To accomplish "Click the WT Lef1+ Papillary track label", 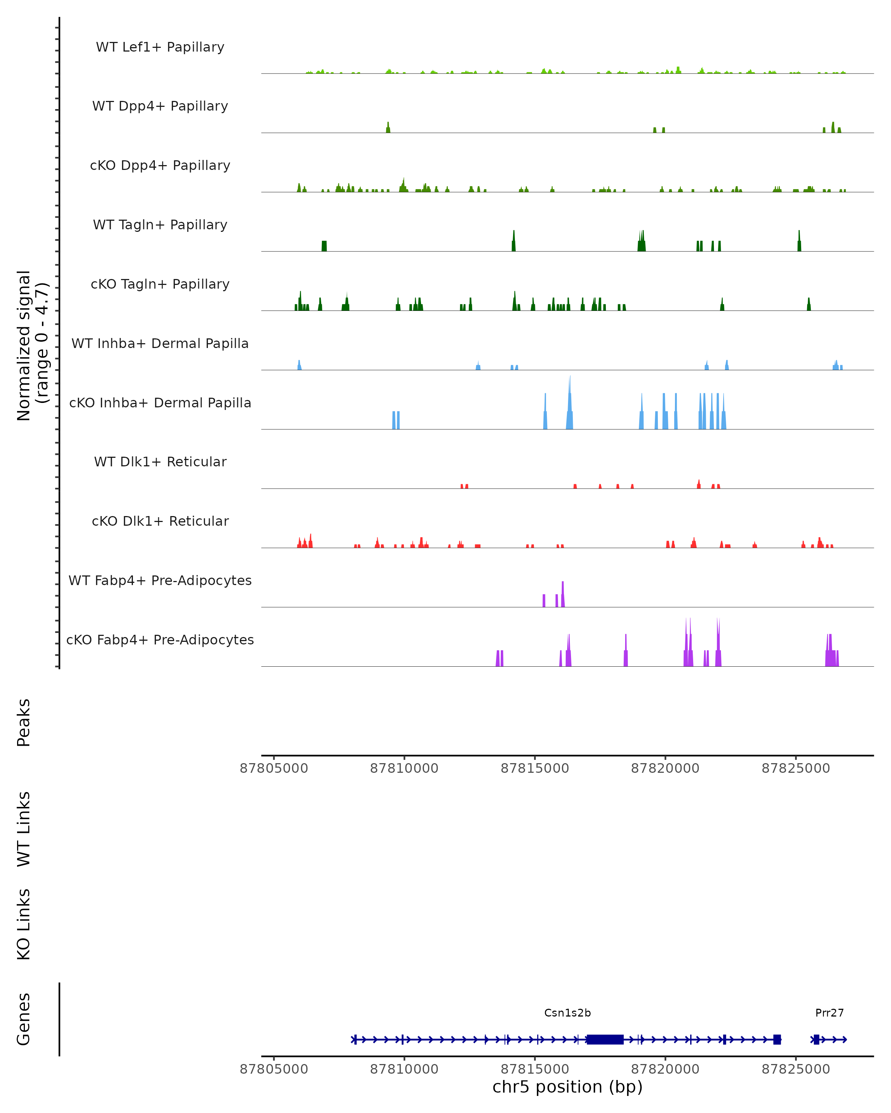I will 160,47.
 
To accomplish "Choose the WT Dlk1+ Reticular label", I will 160,462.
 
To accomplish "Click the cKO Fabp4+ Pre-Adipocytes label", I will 160,640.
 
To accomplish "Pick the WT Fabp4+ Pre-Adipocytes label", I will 160,580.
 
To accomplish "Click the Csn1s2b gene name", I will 567,1013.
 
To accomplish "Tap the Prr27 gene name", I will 829,1013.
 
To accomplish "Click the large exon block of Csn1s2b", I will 605,1039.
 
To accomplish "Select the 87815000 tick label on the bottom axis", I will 535,1068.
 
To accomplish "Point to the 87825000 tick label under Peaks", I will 796,768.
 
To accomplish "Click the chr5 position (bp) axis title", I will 567,1087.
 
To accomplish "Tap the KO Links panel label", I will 24,924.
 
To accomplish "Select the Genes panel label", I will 24,1019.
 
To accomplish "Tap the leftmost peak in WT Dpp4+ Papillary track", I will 388,128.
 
